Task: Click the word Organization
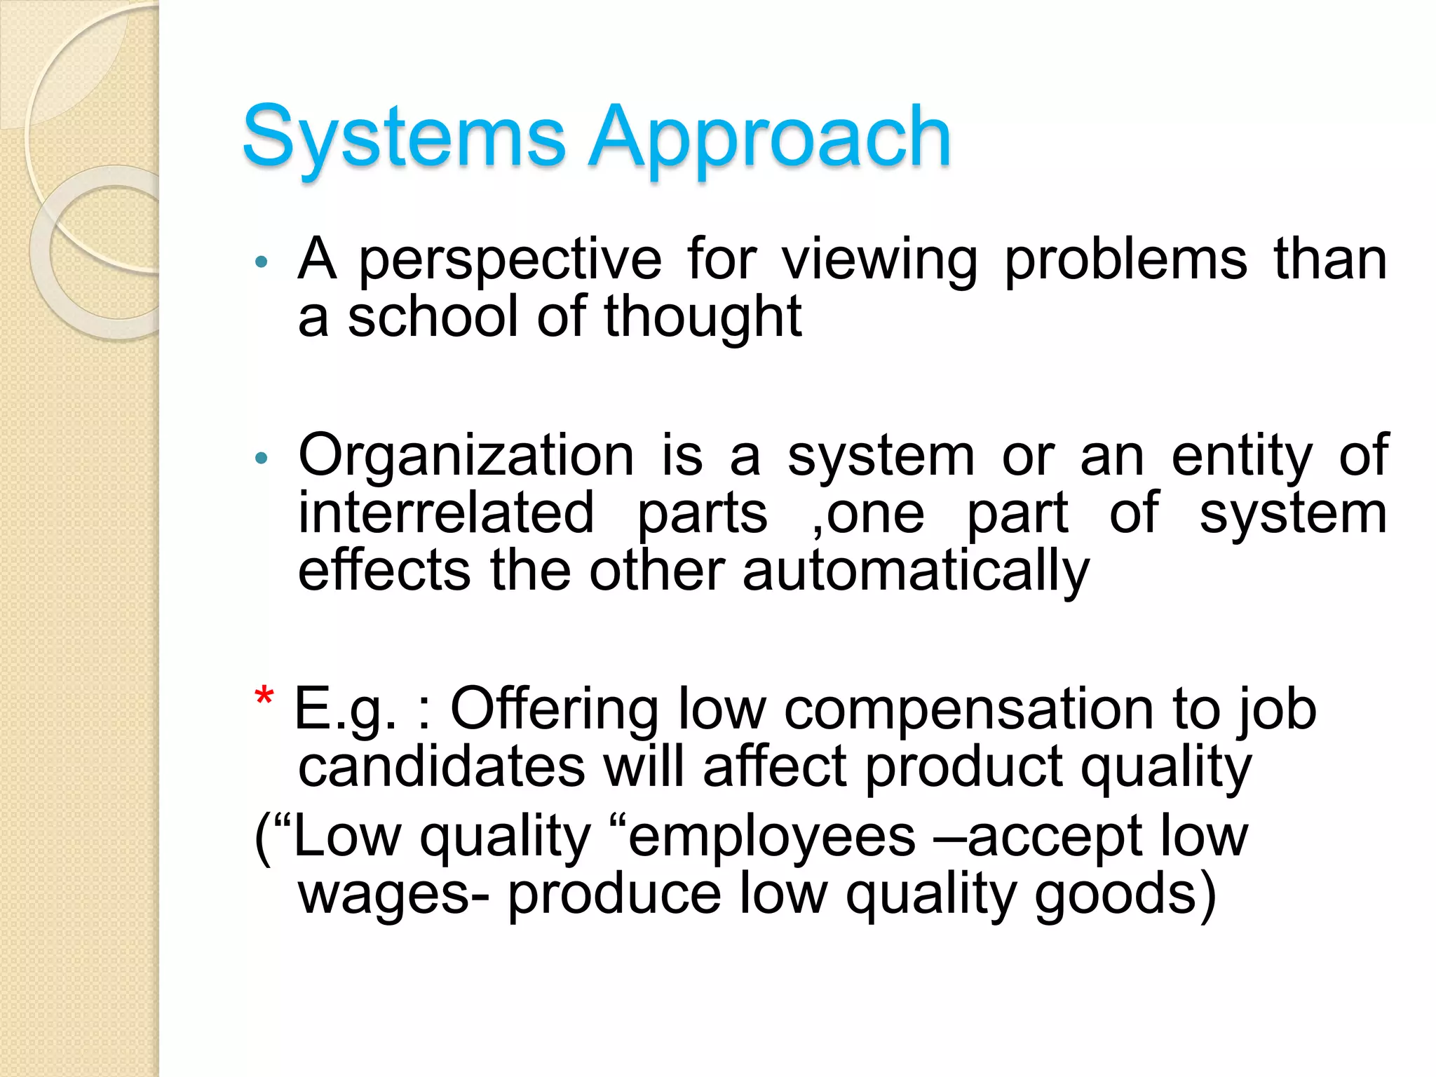pos(466,456)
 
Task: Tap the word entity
pos(1242,456)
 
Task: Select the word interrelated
pos(447,513)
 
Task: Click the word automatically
pos(916,571)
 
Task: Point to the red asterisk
pos(264,698)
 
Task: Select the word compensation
pos(968,710)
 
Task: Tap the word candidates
pos(442,766)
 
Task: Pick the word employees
pos(772,837)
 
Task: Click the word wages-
pos(393,894)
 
